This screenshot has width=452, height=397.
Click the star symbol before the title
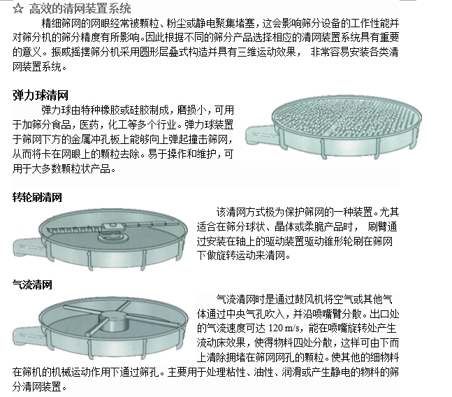[18, 8]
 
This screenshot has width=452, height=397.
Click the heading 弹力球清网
[41, 96]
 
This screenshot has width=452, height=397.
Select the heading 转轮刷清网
[37, 198]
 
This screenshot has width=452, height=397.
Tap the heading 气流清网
[32, 285]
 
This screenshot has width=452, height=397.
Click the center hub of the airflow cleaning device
[114, 322]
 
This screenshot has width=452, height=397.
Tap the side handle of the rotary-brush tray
[28, 247]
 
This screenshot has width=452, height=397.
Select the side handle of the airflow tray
[28, 335]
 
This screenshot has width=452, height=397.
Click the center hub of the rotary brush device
[112, 236]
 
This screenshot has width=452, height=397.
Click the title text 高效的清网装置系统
[80, 8]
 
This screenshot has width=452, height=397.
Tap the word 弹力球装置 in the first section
[209, 124]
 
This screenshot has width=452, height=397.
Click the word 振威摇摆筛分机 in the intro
[86, 52]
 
